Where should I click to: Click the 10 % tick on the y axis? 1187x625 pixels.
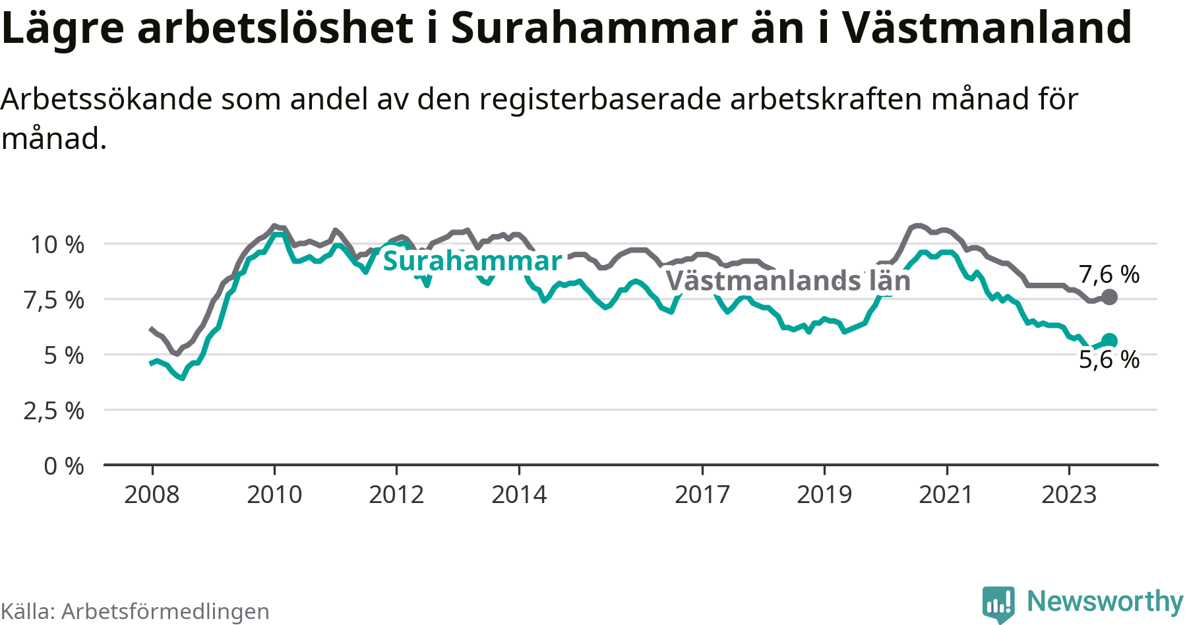tap(57, 245)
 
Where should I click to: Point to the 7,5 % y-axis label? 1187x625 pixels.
tap(54, 300)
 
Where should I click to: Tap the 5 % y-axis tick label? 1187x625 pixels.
tap(64, 355)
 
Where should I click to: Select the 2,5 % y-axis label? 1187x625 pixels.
tap(54, 411)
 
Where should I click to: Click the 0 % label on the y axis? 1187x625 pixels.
tap(64, 466)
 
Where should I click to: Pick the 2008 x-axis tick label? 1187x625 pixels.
tap(152, 494)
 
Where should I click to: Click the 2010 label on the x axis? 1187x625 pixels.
tap(274, 494)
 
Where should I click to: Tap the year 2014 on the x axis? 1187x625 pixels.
tap(519, 494)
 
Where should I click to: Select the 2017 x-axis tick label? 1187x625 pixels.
tap(702, 494)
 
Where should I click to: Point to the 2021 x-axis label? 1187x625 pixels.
tap(946, 494)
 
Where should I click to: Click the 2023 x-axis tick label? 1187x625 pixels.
tap(1069, 494)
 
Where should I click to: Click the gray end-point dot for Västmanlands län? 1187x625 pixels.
tap(1110, 297)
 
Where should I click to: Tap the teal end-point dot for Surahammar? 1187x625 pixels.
tap(1110, 341)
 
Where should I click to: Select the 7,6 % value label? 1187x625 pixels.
tap(1109, 274)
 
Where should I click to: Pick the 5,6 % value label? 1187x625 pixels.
tap(1109, 359)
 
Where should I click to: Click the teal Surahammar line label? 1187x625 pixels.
tap(472, 261)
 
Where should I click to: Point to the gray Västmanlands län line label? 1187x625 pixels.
tap(788, 281)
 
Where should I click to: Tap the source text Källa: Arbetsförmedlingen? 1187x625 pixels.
tap(135, 611)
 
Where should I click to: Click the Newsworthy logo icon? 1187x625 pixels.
tap(998, 604)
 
